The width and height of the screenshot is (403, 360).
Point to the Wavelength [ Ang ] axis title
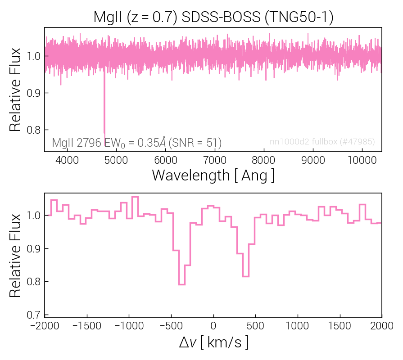213,175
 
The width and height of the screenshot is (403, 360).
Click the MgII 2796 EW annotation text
136,143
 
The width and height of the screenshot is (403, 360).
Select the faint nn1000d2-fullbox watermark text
322,142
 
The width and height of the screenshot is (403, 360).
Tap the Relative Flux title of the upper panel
16,90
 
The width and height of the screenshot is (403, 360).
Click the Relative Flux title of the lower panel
16,255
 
